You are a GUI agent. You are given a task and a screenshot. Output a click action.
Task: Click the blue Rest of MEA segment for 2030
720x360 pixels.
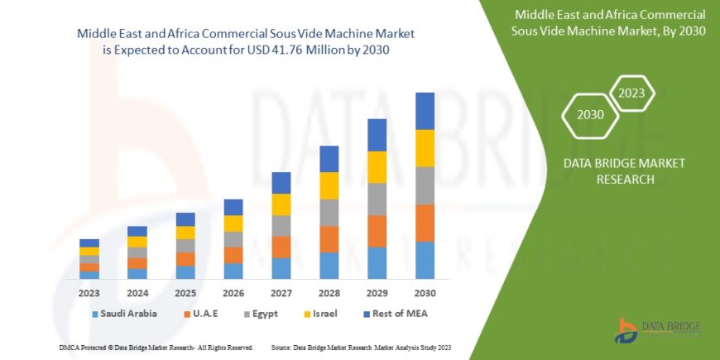425,111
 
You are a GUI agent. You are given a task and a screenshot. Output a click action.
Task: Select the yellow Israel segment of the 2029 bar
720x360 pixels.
377,167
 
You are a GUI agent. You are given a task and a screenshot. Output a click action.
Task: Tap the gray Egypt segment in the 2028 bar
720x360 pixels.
329,213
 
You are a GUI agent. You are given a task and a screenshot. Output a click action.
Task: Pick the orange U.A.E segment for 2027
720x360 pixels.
281,247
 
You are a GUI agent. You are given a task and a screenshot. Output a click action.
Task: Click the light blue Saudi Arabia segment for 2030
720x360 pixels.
425,260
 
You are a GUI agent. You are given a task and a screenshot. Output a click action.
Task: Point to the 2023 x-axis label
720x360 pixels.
89,293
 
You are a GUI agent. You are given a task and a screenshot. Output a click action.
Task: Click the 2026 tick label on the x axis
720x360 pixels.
233,293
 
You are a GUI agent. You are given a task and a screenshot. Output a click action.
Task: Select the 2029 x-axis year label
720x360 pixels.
377,293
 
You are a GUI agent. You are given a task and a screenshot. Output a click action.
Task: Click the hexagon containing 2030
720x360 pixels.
591,114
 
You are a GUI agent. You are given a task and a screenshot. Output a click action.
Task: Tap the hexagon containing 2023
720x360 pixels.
631,93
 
